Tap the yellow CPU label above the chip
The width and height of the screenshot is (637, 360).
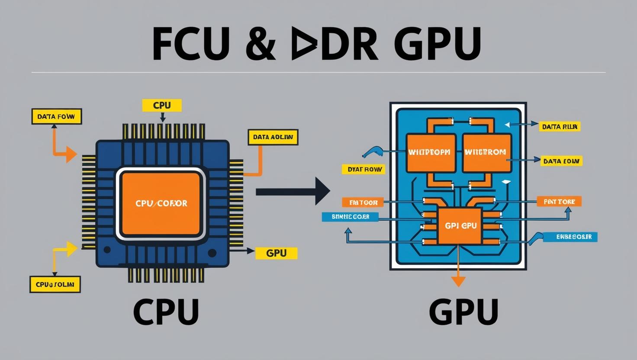(x=162, y=105)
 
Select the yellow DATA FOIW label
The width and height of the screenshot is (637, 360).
(x=56, y=116)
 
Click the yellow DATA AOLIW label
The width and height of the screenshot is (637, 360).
(x=273, y=137)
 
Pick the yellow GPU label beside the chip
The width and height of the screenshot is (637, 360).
(x=277, y=253)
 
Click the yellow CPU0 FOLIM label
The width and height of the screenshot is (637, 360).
(x=55, y=285)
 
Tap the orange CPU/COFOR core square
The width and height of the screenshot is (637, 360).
(x=161, y=203)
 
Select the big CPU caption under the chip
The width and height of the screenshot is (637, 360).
(x=166, y=312)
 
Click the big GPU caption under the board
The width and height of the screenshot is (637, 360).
(x=463, y=312)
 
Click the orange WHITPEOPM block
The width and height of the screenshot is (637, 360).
(x=431, y=153)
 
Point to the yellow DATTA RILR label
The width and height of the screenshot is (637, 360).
(x=560, y=127)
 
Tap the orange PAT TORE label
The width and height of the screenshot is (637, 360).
(x=559, y=202)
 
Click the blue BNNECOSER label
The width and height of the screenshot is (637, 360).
(x=350, y=216)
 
